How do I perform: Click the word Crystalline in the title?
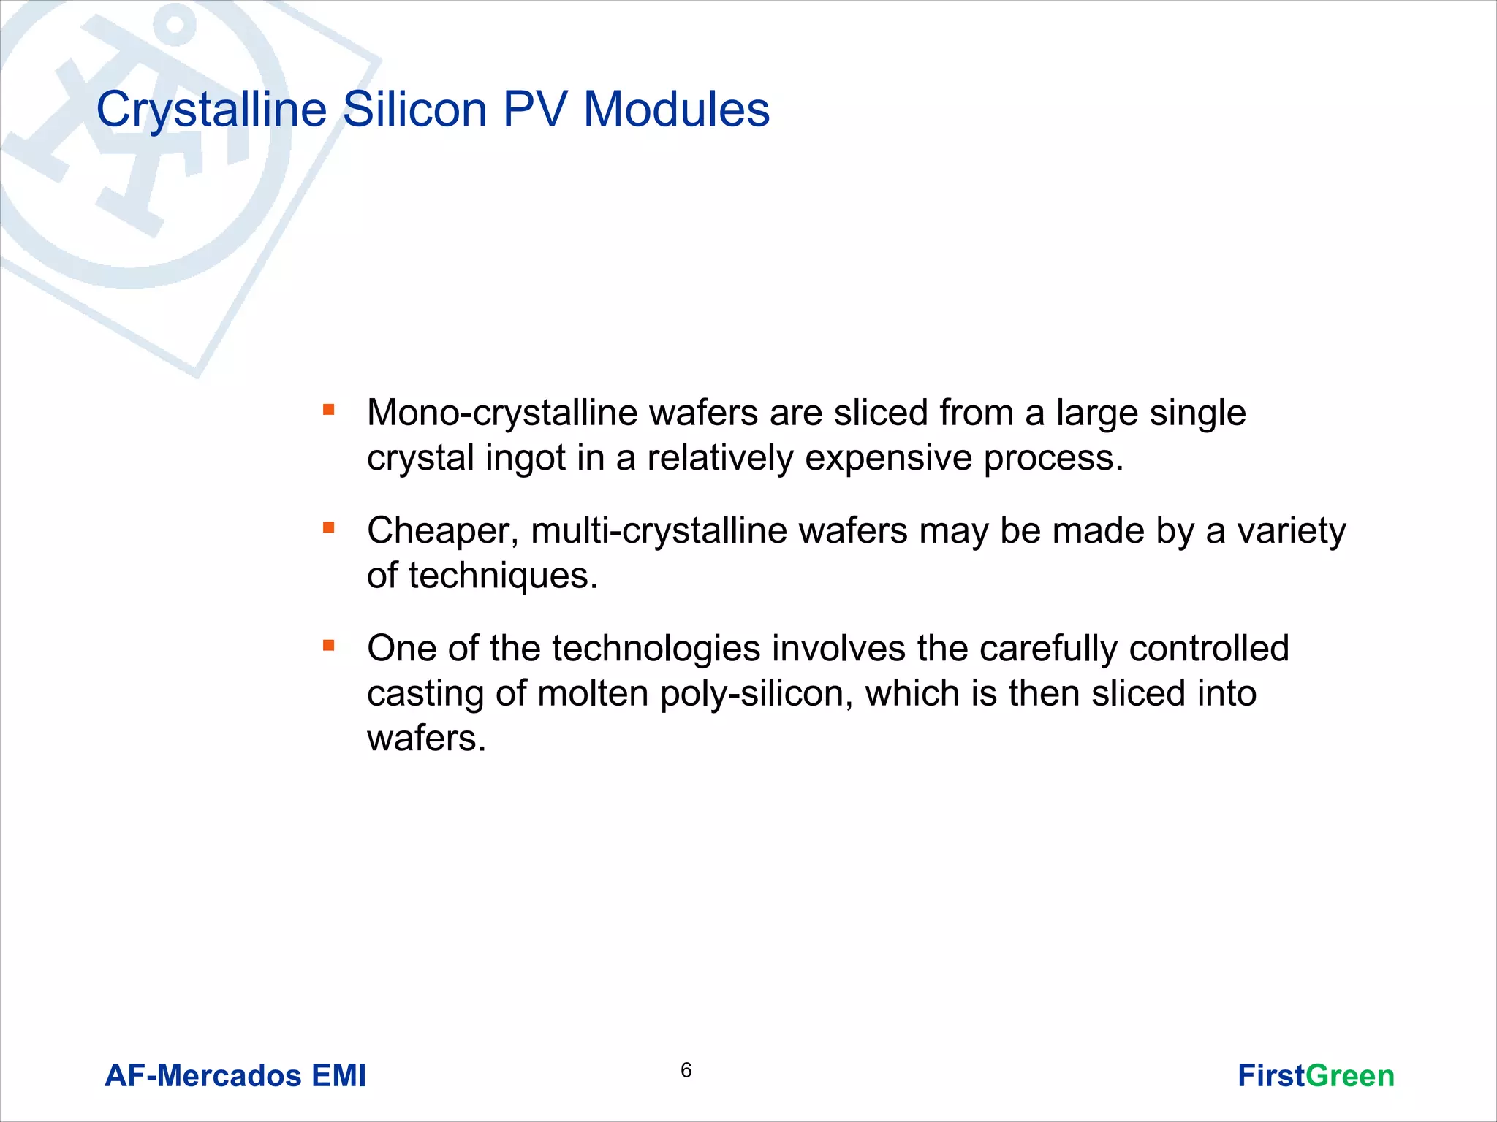pyautogui.click(x=211, y=110)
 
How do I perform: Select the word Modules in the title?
pyautogui.click(x=676, y=110)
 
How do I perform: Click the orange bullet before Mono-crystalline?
pyautogui.click(x=329, y=410)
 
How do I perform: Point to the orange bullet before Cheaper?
pyautogui.click(x=329, y=527)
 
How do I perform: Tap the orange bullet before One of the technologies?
pyautogui.click(x=329, y=645)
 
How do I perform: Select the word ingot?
pyautogui.click(x=526, y=459)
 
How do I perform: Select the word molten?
pyautogui.click(x=593, y=694)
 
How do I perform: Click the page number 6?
pyautogui.click(x=686, y=1071)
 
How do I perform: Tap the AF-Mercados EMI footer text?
pyautogui.click(x=235, y=1076)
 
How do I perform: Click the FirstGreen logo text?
pyautogui.click(x=1316, y=1076)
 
